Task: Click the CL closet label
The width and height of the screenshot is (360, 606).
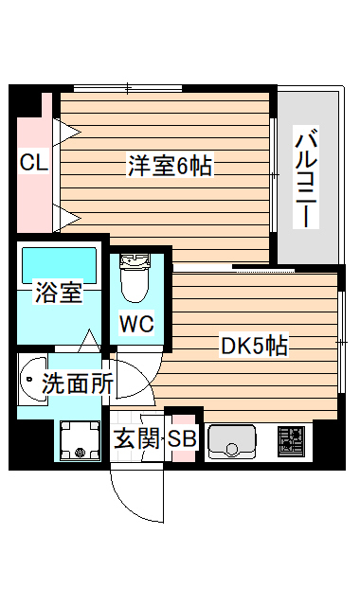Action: (34, 163)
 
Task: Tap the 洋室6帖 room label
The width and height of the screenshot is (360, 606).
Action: (171, 167)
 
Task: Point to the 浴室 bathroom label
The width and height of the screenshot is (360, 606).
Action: (58, 293)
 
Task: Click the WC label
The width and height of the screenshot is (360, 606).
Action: (135, 324)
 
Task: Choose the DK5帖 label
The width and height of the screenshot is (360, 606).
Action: (255, 347)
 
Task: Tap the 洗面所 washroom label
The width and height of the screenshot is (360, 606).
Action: (78, 383)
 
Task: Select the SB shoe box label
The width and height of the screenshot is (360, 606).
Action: (182, 440)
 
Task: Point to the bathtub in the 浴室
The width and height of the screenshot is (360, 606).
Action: (59, 262)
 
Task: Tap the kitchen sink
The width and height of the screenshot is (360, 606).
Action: (232, 441)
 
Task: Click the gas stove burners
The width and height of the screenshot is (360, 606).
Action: (289, 441)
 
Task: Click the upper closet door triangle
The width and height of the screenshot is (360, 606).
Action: (66, 129)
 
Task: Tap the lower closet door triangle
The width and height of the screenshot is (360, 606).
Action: (66, 217)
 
